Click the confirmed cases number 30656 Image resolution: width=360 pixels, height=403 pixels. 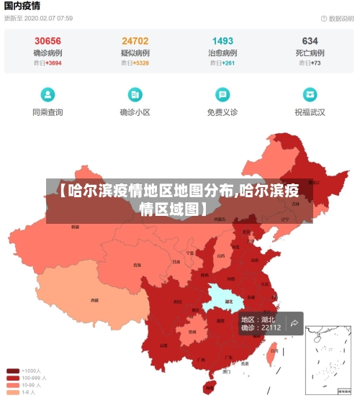(x=48, y=41)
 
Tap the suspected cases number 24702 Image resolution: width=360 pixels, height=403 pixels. (x=135, y=41)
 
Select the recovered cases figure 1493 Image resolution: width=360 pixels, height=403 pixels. (x=222, y=41)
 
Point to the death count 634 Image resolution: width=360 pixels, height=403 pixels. (x=310, y=41)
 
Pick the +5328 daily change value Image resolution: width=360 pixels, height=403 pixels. (x=141, y=63)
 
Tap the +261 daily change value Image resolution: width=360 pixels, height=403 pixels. (x=228, y=63)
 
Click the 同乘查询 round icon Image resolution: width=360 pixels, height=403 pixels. (x=48, y=94)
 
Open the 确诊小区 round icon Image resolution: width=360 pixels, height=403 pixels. (x=135, y=94)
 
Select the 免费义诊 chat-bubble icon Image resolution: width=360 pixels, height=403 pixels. (x=222, y=94)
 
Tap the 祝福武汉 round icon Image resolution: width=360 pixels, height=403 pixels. (x=310, y=94)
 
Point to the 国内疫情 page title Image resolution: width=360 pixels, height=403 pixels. (x=24, y=5)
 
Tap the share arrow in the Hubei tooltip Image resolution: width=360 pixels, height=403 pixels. (x=294, y=324)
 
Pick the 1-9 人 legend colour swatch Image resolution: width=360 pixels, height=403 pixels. (x=13, y=392)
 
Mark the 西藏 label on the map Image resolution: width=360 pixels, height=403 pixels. (x=94, y=299)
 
